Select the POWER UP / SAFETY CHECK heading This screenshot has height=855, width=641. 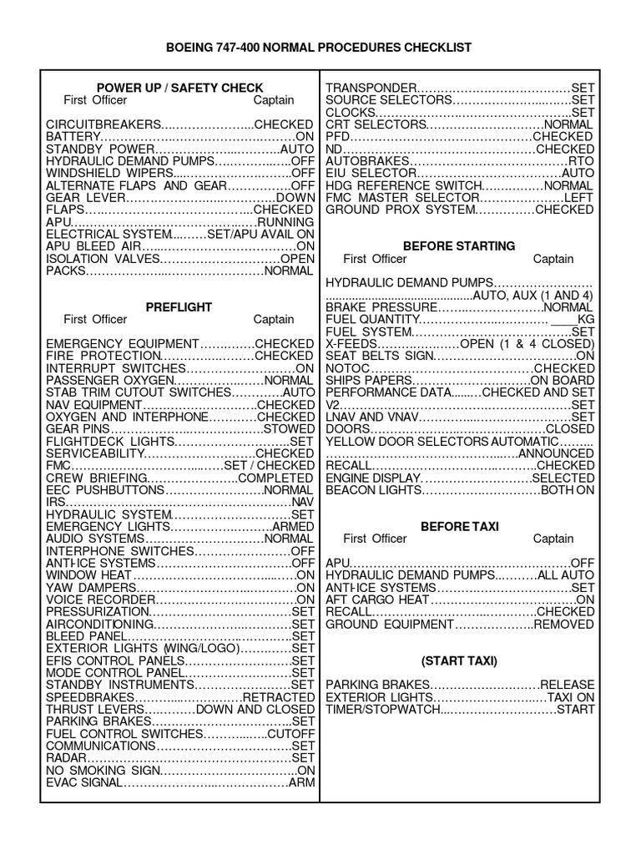179,88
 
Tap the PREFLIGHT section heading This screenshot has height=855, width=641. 179,306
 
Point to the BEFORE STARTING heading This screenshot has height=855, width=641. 458,246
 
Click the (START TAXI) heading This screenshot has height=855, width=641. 458,660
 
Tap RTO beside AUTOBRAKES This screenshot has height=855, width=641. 581,160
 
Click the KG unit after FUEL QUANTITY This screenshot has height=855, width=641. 586,319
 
